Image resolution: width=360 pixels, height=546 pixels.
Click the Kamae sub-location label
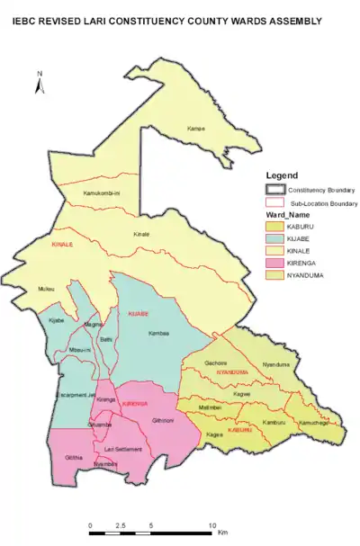[x=196, y=129]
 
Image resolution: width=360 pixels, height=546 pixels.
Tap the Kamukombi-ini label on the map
[x=102, y=193]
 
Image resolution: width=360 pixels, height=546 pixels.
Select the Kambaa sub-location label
[x=158, y=332]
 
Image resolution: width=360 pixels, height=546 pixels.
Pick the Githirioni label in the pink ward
[x=163, y=420]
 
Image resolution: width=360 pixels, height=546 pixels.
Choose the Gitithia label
[x=74, y=458]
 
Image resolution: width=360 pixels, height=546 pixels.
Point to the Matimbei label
[x=210, y=407]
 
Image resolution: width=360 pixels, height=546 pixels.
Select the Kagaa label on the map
[x=214, y=435]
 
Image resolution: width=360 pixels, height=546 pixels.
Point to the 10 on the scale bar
[x=212, y=524]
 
